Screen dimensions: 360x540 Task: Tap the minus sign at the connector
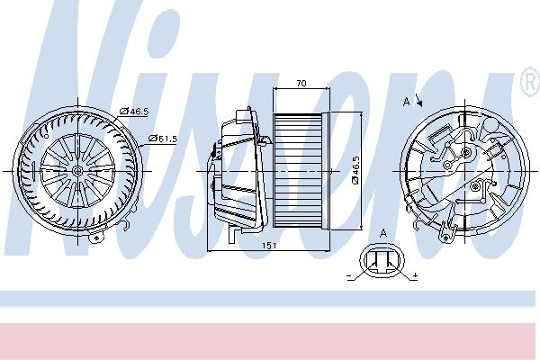348,276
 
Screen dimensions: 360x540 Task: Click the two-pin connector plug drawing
382,262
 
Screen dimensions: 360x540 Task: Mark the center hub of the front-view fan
78,169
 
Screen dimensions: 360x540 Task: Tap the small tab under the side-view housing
233,235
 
